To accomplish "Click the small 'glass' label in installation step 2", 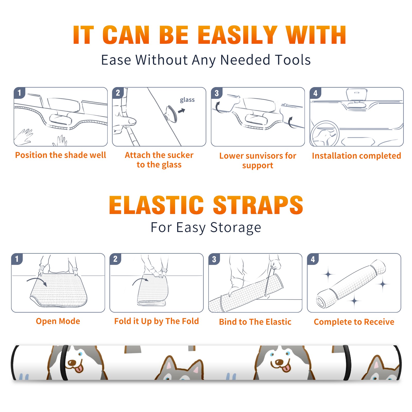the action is [x=187, y=100].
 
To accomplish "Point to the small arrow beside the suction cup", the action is [x=182, y=111].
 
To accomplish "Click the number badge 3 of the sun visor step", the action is [x=217, y=93].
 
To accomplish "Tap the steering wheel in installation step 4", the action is [x=325, y=133].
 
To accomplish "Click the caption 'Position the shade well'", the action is [x=61, y=155].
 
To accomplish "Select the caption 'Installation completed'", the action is [x=356, y=156].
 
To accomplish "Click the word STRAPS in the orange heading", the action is [x=258, y=205].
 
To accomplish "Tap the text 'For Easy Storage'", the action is [x=206, y=228].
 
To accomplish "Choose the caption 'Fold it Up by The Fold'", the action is [x=157, y=321].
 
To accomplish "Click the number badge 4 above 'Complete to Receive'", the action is [x=313, y=259].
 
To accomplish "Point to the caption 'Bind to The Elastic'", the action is [x=255, y=322].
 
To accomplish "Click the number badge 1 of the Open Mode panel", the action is [x=17, y=259].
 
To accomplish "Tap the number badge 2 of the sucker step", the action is [x=118, y=93].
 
